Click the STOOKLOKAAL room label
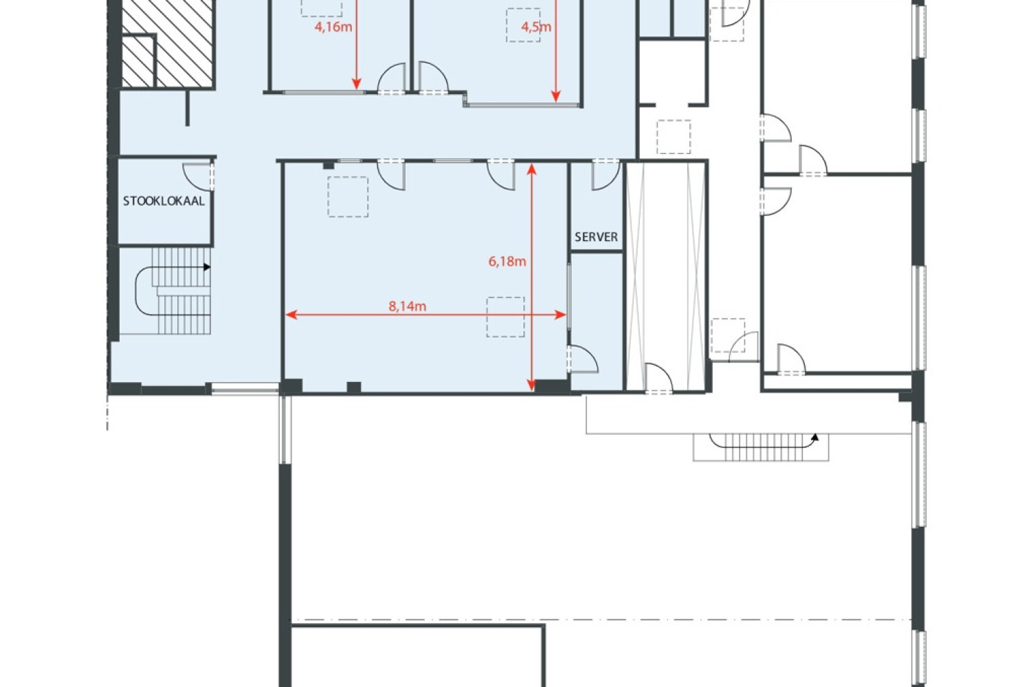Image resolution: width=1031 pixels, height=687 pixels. click(164, 201)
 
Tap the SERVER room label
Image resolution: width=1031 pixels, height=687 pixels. click(596, 236)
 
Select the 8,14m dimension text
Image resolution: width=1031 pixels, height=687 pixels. click(407, 306)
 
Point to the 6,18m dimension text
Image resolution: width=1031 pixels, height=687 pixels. click(507, 261)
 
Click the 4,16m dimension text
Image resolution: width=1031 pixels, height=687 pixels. click(333, 27)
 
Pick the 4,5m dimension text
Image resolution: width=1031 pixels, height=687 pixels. click(536, 27)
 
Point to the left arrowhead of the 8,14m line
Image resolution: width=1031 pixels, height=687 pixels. click(289, 315)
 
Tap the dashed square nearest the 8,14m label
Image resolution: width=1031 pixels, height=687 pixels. click(505, 317)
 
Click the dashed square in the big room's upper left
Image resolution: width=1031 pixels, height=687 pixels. click(348, 197)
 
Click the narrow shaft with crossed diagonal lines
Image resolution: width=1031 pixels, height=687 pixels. click(665, 275)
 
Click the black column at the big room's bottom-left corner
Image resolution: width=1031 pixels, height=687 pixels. click(292, 386)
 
